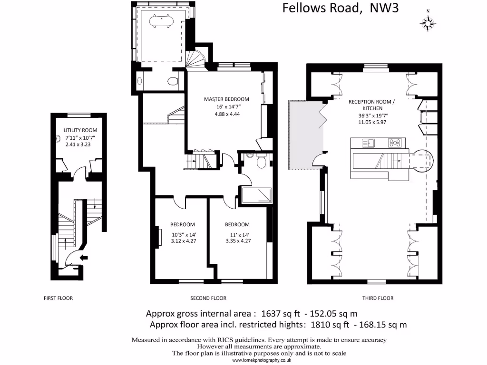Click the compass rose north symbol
[x=429, y=22]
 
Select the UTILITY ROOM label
[x=80, y=130]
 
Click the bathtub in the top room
[x=161, y=21]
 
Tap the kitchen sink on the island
[x=369, y=142]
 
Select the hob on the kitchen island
[x=394, y=142]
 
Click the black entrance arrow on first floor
[x=84, y=258]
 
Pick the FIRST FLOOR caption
[x=58, y=298]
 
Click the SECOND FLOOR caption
[x=208, y=298]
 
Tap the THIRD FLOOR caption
[x=378, y=298]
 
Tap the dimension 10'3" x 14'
[x=183, y=234]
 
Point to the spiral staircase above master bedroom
[x=196, y=59]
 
